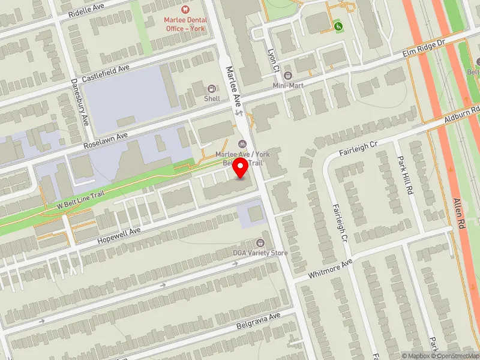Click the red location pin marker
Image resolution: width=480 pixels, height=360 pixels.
pyautogui.click(x=241, y=167)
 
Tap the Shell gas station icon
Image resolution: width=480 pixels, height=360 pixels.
pyautogui.click(x=211, y=89)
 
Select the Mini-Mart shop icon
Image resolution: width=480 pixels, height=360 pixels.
pyautogui.click(x=287, y=76)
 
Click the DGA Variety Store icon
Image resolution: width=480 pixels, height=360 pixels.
pyautogui.click(x=260, y=243)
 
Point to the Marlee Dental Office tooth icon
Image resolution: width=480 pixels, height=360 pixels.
pyautogui.click(x=185, y=9)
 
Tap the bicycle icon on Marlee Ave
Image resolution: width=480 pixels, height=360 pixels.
pyautogui.click(x=242, y=143)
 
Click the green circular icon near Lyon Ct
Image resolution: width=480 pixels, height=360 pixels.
pyautogui.click(x=338, y=26)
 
